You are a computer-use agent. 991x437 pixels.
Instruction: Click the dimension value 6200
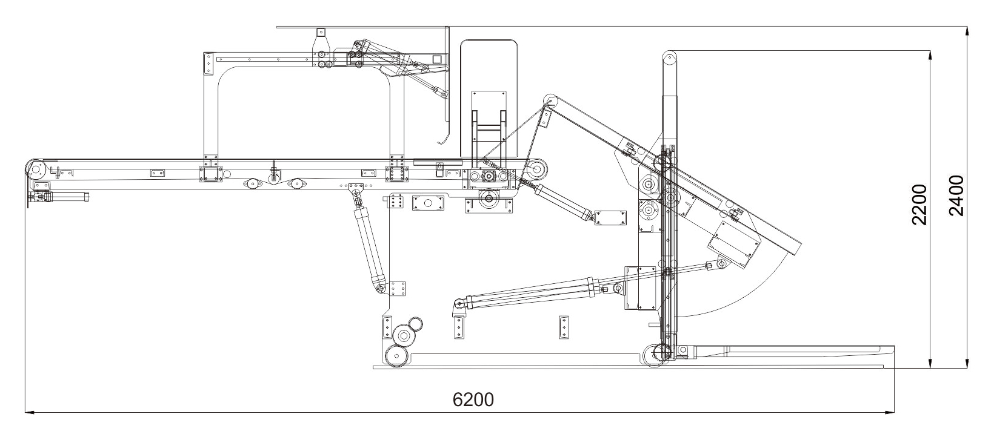point(473,400)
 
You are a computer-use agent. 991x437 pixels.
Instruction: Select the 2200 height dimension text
point(920,205)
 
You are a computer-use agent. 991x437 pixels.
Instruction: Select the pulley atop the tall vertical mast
point(670,59)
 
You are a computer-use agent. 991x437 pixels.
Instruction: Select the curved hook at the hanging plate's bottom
point(442,140)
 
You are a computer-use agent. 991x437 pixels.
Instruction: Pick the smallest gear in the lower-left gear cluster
point(415,324)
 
